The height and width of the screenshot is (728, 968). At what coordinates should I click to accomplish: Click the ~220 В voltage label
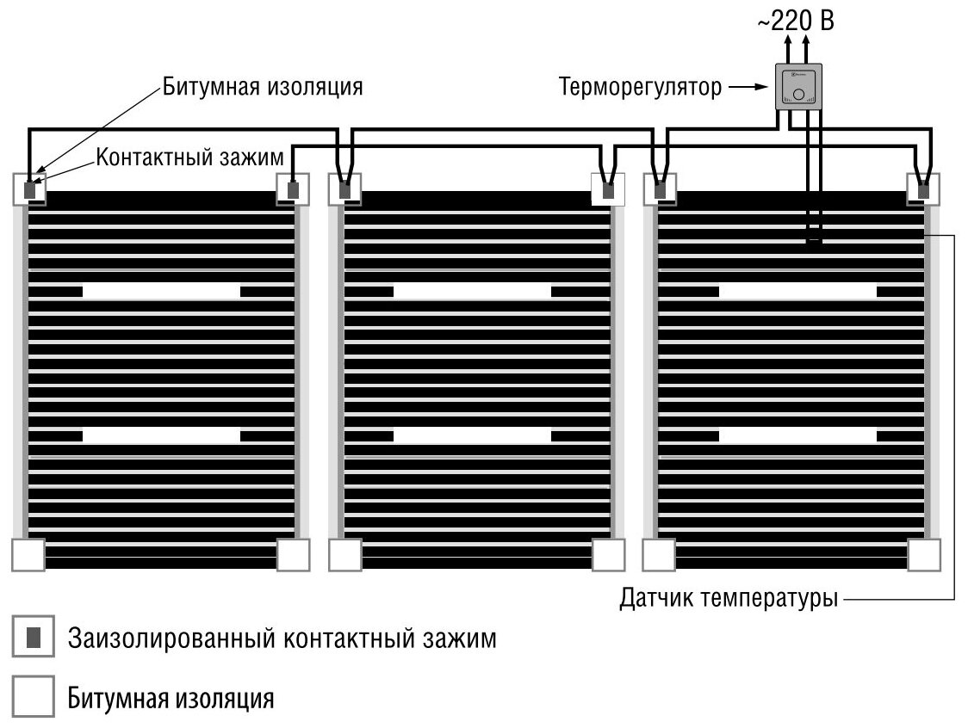(797, 20)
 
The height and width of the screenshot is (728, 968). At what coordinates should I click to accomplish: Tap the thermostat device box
(799, 87)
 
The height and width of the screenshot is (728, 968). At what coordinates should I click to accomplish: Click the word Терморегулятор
(640, 88)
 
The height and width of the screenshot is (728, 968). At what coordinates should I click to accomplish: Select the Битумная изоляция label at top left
(263, 87)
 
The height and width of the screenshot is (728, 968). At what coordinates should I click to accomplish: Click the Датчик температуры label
(729, 598)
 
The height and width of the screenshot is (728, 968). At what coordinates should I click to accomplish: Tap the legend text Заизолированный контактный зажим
(282, 639)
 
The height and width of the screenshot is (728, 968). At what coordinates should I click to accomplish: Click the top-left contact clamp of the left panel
(30, 189)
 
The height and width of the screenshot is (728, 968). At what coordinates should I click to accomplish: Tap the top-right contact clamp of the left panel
(293, 189)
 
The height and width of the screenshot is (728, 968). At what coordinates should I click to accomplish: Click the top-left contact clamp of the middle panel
(345, 189)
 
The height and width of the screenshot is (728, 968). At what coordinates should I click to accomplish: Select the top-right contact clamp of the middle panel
(609, 189)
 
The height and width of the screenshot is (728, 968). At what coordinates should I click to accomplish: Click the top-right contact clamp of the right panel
(924, 189)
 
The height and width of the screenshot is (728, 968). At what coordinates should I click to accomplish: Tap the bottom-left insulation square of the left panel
(28, 555)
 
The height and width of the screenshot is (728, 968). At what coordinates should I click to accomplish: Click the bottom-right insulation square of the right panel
(924, 555)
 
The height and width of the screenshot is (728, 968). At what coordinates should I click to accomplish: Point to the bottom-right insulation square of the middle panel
(609, 555)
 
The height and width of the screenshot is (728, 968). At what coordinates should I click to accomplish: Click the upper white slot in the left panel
(161, 293)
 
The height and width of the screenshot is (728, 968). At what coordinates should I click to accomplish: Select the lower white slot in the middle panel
(472, 435)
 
